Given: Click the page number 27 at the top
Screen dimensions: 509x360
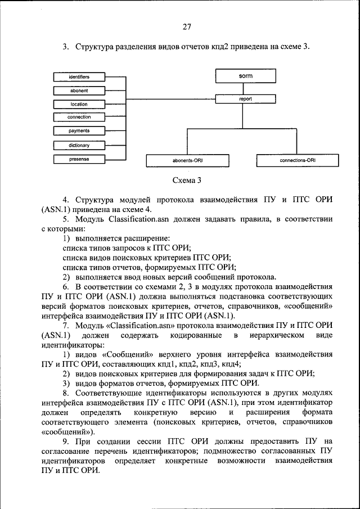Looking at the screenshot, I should point(187,26).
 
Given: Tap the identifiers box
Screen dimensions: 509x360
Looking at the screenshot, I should point(79,76).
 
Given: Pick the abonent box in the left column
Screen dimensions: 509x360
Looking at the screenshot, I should point(79,90).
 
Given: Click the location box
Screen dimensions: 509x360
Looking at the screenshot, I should point(79,104).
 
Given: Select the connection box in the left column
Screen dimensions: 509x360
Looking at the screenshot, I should point(79,117).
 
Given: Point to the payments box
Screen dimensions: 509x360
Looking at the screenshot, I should point(79,130).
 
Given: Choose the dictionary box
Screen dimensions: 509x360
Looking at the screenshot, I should point(79,145).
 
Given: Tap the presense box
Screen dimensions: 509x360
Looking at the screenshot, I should point(79,159).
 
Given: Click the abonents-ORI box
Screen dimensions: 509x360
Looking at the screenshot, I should point(187,160).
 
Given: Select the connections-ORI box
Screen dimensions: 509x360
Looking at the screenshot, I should point(298,160).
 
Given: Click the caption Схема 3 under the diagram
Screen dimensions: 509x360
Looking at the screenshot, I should point(187,181).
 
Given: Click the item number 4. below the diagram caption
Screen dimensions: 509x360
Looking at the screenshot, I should point(66,200).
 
